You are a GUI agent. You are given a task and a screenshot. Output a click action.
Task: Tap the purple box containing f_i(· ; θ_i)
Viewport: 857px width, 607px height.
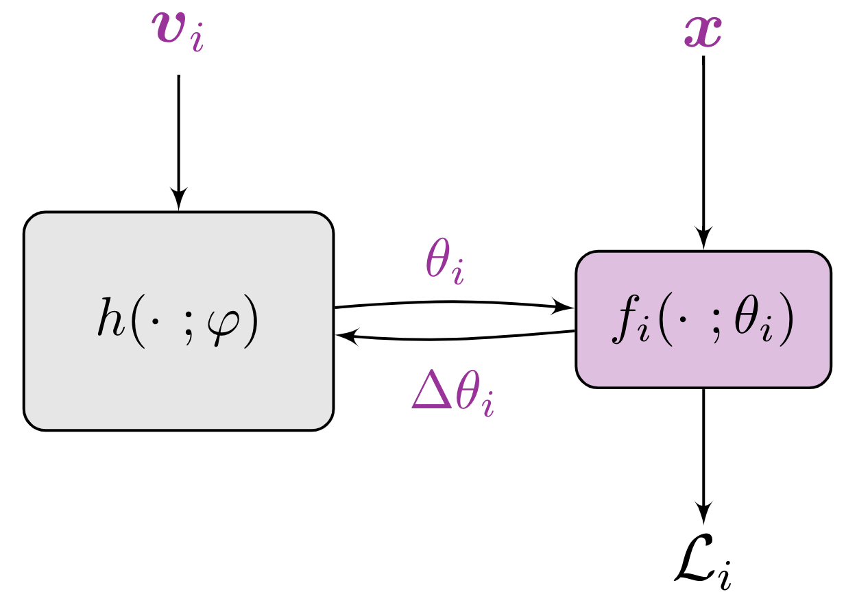[x=703, y=363]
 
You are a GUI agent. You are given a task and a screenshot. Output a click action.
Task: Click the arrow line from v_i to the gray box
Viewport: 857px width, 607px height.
[x=179, y=130]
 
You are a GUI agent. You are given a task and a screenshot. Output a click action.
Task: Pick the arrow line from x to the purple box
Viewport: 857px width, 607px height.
[x=703, y=137]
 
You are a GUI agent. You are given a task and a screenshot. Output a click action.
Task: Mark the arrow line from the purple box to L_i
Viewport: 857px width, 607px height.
[x=703, y=445]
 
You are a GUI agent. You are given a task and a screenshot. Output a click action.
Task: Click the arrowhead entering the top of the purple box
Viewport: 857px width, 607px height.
[x=703, y=240]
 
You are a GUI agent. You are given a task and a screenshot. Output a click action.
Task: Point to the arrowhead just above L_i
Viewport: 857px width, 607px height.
[x=703, y=513]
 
